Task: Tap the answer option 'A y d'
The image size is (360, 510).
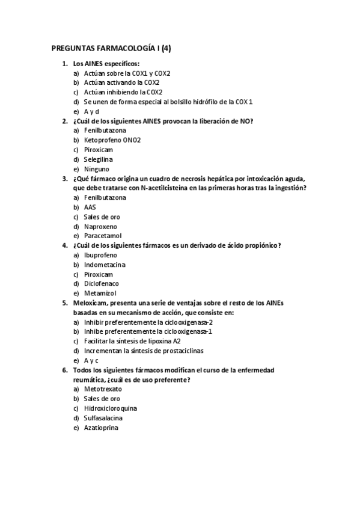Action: [x=91, y=111]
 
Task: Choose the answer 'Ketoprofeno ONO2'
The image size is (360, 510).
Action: [x=112, y=140]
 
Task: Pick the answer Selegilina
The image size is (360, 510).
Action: [x=99, y=159]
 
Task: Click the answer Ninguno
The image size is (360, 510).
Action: [x=97, y=169]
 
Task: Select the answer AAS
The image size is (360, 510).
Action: [x=90, y=207]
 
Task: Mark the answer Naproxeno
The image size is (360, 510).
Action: [x=100, y=226]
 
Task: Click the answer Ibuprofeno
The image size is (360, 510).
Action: [x=100, y=255]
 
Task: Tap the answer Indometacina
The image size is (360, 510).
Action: [x=105, y=265]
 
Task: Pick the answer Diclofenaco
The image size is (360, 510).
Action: [x=102, y=283]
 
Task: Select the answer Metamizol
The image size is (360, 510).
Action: [x=100, y=293]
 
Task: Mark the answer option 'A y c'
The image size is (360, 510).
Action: [x=91, y=360]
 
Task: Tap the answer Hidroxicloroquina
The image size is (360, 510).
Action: [x=110, y=408]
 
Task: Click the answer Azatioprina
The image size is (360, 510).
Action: [x=101, y=427]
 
